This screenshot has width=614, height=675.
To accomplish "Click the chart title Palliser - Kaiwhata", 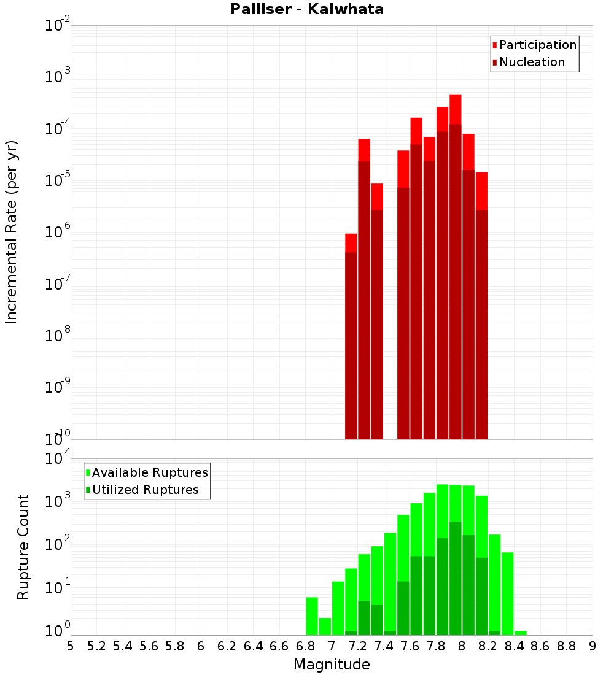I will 307,10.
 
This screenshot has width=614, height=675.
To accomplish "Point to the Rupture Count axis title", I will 23,546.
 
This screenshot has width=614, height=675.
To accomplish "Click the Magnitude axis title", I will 332,665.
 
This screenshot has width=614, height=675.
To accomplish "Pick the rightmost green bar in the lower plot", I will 521,633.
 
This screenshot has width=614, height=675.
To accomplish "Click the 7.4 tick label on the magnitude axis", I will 384,646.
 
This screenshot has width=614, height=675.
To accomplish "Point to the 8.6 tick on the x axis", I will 540,646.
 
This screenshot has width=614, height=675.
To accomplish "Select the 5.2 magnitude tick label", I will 96,646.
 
